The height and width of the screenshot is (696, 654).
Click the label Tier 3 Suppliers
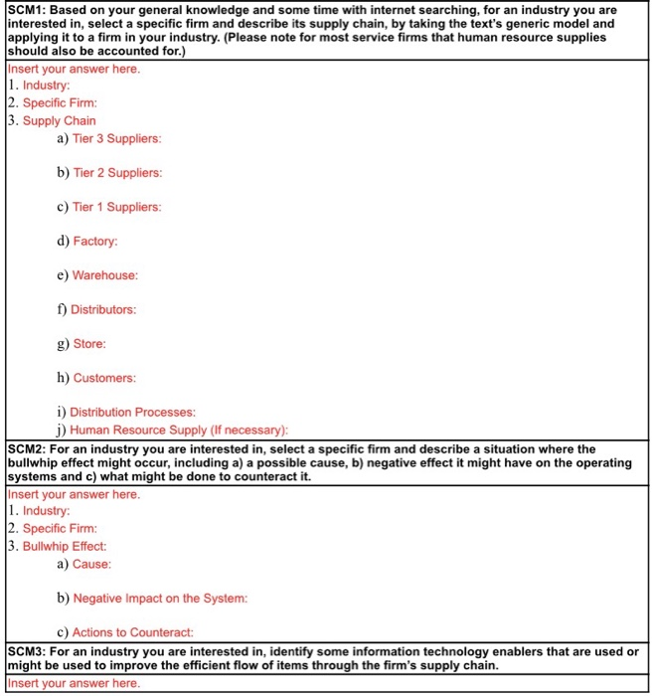(x=116, y=138)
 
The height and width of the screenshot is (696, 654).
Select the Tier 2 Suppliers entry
(x=116, y=173)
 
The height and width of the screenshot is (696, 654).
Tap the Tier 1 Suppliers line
(x=116, y=207)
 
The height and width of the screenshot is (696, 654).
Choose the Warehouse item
(x=104, y=275)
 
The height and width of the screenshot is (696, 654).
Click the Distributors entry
(x=103, y=309)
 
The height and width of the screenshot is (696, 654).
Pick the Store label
(x=89, y=344)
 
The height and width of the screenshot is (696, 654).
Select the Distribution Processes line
(x=132, y=412)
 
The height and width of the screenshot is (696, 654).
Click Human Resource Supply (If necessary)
(x=179, y=430)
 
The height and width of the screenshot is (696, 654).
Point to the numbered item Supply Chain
(x=60, y=120)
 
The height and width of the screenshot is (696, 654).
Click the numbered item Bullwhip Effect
(x=65, y=546)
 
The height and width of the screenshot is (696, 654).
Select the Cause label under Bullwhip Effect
(x=91, y=564)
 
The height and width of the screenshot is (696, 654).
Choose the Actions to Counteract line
(x=132, y=632)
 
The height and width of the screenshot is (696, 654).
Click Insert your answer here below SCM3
(x=75, y=684)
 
